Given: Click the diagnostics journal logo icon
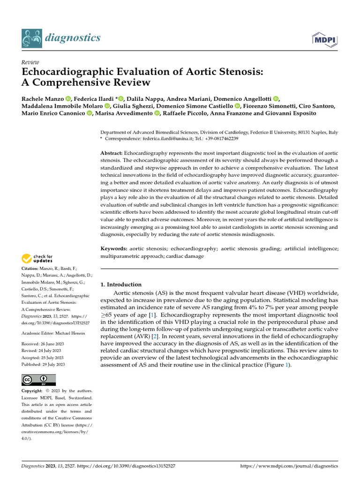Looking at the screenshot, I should (x=32, y=37).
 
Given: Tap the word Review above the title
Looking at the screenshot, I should (x=30, y=62).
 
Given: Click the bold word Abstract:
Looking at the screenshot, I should (x=112, y=154).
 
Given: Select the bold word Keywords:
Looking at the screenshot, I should (x=114, y=248).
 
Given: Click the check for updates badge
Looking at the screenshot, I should (x=37, y=258).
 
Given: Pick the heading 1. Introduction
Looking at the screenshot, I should (x=121, y=285).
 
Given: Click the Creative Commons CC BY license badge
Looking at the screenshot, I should (x=38, y=379).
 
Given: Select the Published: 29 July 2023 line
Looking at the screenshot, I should (x=43, y=364).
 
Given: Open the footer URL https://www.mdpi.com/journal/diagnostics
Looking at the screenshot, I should (x=289, y=466).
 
